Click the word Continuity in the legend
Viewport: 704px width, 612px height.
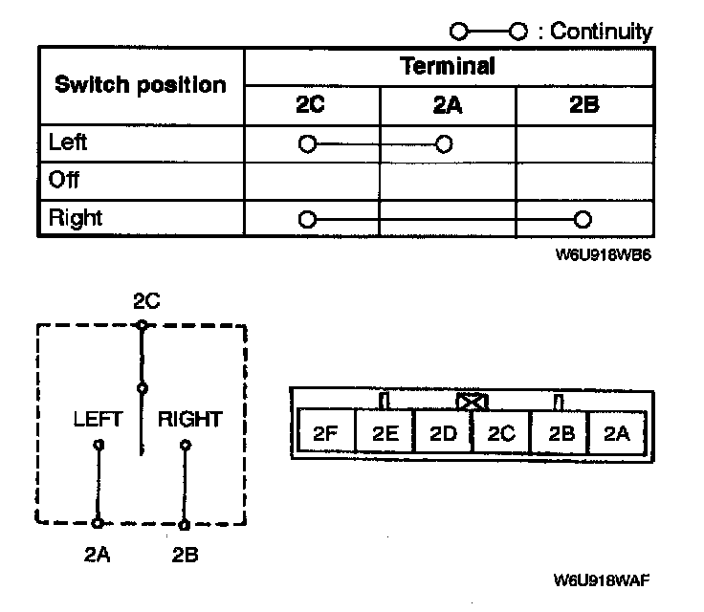[601, 31]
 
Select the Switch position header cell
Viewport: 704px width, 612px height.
[140, 84]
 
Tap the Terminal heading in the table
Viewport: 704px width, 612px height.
[448, 66]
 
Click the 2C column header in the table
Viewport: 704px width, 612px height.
[310, 105]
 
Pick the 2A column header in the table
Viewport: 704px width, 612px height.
[447, 105]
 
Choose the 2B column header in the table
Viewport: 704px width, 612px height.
[583, 105]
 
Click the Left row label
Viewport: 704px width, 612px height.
[67, 143]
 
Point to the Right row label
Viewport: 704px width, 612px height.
[74, 218]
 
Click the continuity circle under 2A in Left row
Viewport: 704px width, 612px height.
[443, 145]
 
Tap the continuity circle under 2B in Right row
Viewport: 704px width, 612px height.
[583, 220]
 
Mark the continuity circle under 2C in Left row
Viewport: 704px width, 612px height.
[306, 145]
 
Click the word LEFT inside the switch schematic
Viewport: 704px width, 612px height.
[98, 419]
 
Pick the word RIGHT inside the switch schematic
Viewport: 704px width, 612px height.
[189, 419]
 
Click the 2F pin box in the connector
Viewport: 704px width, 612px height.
[326, 434]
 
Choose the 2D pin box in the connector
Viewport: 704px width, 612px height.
[443, 434]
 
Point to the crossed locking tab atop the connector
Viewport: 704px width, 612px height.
[473, 402]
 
